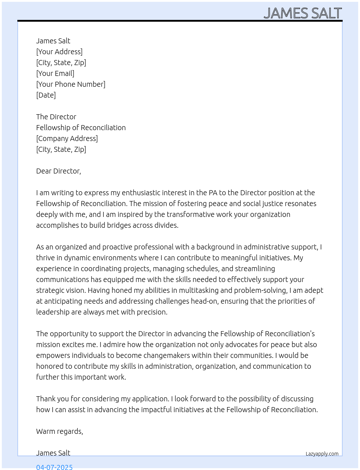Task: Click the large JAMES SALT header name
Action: pos(303,13)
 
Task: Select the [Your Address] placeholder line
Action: pos(59,52)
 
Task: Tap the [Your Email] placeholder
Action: pos(55,73)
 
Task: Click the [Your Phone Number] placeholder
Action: pos(71,84)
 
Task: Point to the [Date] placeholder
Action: pos(46,95)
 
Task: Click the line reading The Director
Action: pos(56,117)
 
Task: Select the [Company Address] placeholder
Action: pos(67,138)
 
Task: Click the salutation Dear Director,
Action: pos(59,171)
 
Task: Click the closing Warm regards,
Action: pos(60,431)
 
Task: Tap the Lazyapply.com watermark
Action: pos(322,454)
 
